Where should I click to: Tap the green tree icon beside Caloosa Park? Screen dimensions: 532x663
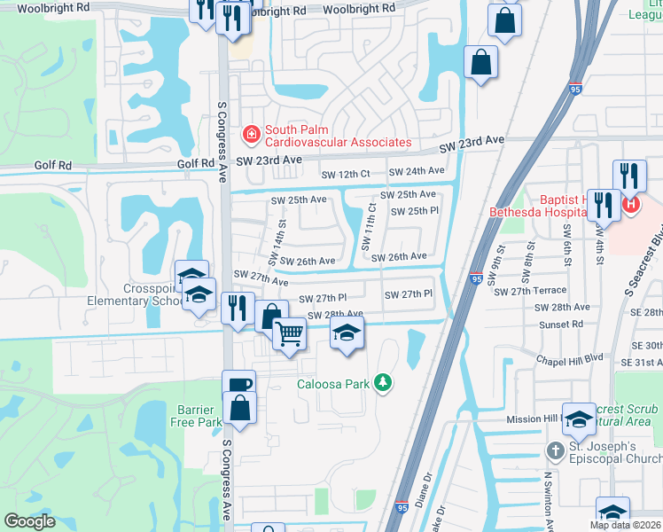(x=383, y=382)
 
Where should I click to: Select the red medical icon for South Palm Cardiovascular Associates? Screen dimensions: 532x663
(x=252, y=135)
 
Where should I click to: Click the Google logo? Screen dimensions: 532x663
(x=29, y=521)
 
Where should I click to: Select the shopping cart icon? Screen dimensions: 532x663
(x=290, y=333)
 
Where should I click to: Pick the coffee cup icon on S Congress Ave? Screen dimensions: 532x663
(x=239, y=385)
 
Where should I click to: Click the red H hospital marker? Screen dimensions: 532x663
(x=630, y=204)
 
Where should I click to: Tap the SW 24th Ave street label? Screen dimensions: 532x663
(x=424, y=170)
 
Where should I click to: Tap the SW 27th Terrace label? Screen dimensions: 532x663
(x=530, y=292)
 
